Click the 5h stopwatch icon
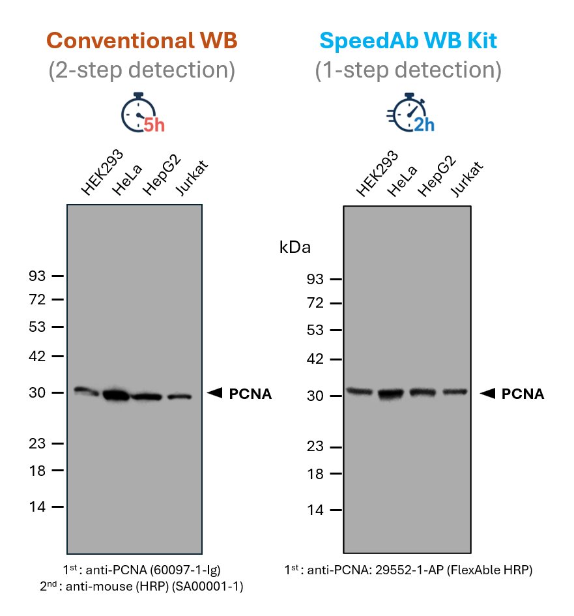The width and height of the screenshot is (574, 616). tap(141, 116)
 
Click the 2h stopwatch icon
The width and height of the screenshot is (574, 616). tap(410, 116)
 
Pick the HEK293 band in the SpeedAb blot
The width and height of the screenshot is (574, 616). tap(358, 391)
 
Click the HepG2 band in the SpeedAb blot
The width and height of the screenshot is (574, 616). tap(422, 392)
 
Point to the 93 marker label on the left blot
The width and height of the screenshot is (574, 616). tap(38, 276)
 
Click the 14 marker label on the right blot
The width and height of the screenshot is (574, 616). tap(315, 510)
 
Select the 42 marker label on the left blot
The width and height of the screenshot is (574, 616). tap(38, 356)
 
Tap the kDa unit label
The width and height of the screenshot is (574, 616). tap(295, 248)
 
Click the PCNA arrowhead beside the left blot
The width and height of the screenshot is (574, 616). tap(215, 392)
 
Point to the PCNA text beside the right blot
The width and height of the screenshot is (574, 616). tap(523, 394)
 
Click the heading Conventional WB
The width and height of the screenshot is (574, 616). tap(141, 40)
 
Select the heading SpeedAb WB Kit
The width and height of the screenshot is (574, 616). tap(409, 40)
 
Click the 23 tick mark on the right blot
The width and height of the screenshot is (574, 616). tap(336, 447)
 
